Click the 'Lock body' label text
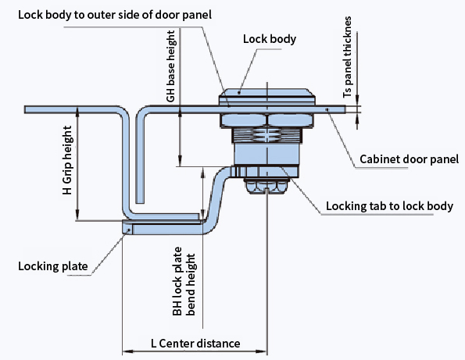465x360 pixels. pos(270,39)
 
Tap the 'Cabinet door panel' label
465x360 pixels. pos(409,159)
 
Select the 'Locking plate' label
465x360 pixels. pos(53,266)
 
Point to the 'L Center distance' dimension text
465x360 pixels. pos(195,344)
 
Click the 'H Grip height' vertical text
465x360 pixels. pos(67,160)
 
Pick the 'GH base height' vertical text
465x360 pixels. pos(171,66)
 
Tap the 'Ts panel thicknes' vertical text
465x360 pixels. pos(347,57)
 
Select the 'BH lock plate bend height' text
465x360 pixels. pos(184,281)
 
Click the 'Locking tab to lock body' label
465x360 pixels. pos(390,206)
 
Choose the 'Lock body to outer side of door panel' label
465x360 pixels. pos(115,15)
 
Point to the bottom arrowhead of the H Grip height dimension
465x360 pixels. pos(77,215)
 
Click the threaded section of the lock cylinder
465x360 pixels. pos(267,135)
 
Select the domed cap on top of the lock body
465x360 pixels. pos(267,95)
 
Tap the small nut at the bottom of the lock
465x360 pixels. pos(266,186)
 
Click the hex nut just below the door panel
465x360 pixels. pos(266,121)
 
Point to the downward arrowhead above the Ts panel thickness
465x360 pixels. pos(357,101)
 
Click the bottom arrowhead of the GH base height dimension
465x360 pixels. pos(180,161)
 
